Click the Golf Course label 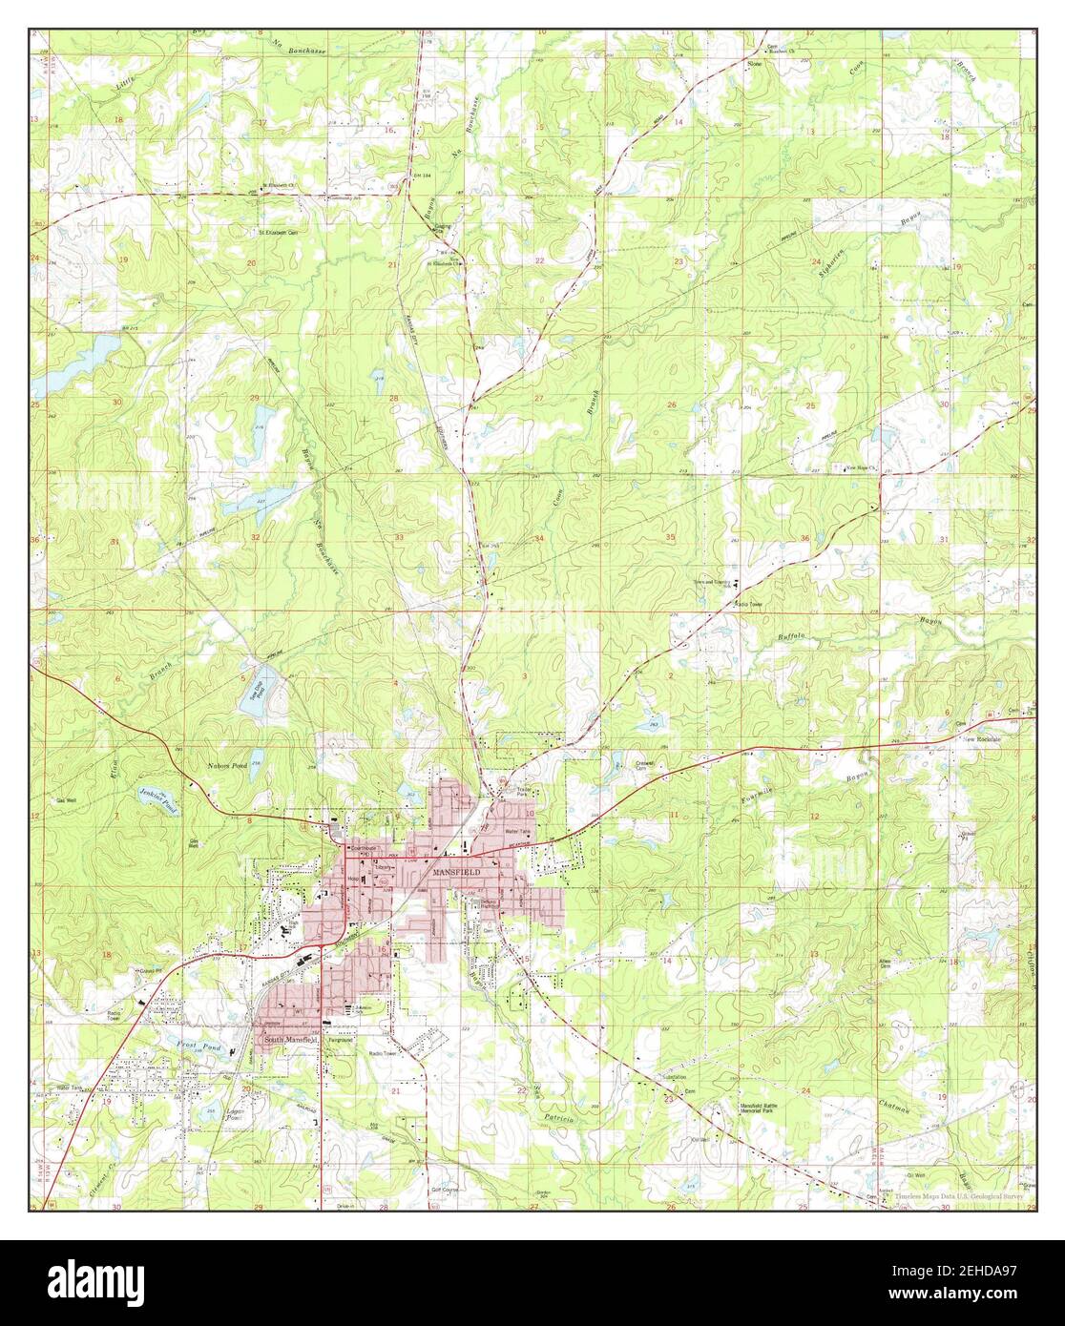point(446,1191)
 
